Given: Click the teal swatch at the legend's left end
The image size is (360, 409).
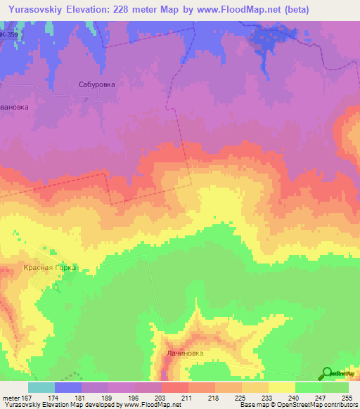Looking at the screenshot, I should [41, 387].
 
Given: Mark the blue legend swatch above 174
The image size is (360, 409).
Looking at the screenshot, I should [68, 387].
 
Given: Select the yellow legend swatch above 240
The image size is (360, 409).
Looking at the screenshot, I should [282, 387].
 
